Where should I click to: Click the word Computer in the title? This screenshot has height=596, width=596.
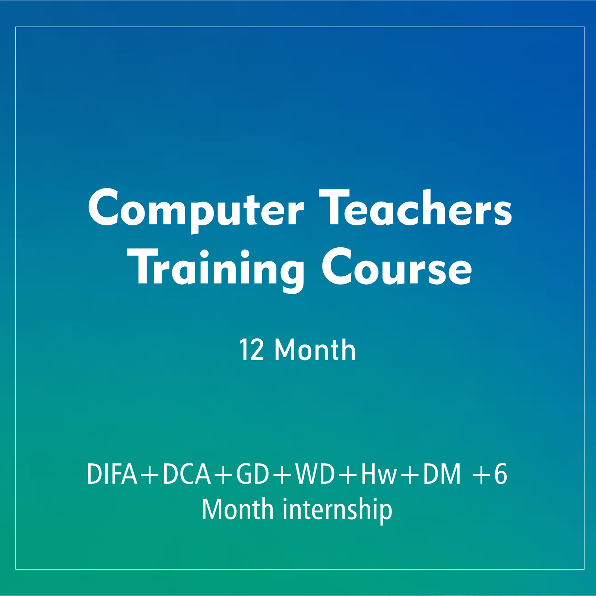coord(196,210)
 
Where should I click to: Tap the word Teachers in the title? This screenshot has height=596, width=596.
coord(415,207)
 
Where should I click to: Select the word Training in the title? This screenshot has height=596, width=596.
coord(216,270)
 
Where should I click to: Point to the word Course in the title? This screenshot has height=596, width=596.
coord(397,267)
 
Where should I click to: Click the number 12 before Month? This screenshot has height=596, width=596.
coord(252,350)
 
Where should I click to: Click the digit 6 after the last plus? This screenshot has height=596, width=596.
coord(501,474)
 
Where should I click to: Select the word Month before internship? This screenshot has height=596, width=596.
coord(238,509)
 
